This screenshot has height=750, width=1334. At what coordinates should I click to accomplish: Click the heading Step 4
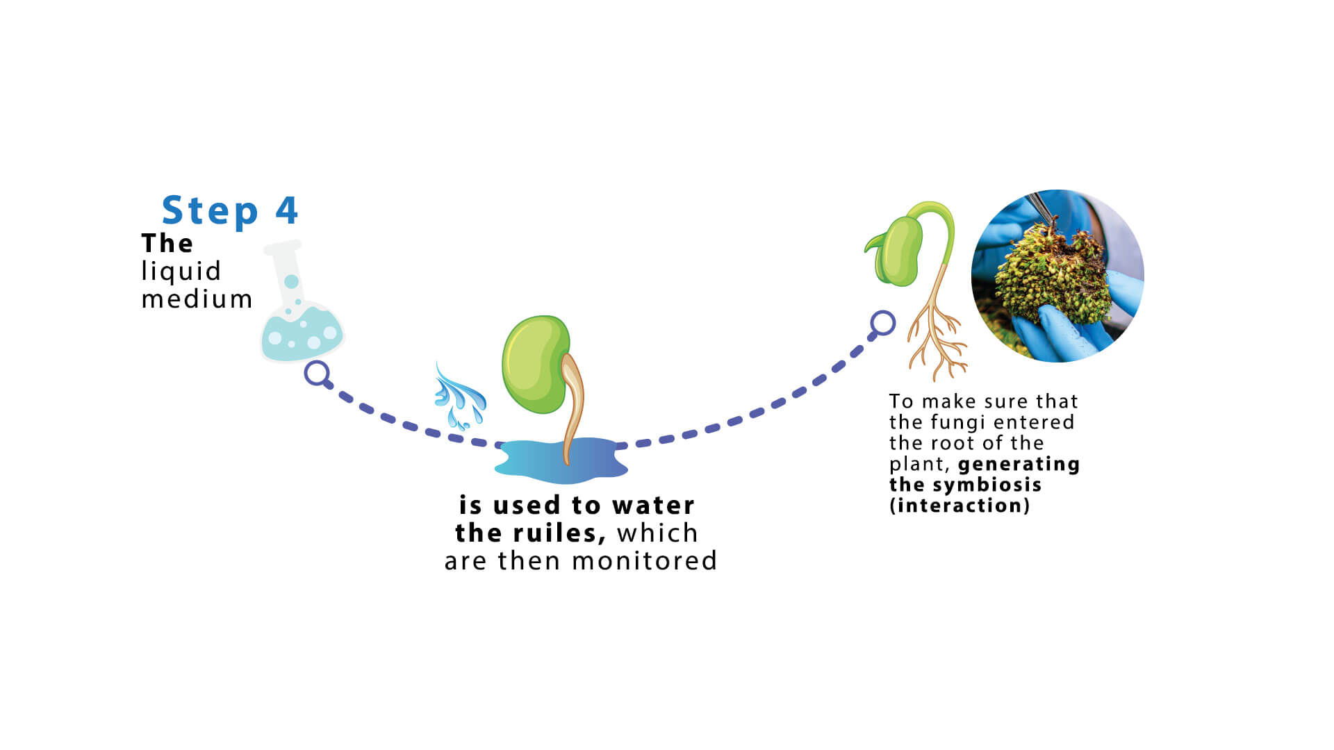pos(230,210)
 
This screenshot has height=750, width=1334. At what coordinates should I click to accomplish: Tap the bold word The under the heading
pos(167,243)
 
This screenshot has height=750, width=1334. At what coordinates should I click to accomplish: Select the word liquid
pos(181,272)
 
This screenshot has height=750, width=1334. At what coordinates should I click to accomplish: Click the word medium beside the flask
pos(197,299)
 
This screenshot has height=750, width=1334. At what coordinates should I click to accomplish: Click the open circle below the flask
pos(317,373)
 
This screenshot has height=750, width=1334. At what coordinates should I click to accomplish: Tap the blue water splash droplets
pos(459,396)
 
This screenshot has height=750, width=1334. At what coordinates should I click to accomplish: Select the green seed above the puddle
pos(536,364)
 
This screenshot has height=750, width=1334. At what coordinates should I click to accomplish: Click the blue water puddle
pos(561,460)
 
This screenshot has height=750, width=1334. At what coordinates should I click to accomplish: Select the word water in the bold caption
pos(653,506)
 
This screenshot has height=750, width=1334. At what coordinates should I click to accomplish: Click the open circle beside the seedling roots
pos(882,323)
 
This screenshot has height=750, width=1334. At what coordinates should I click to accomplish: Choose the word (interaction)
pos(960,506)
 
